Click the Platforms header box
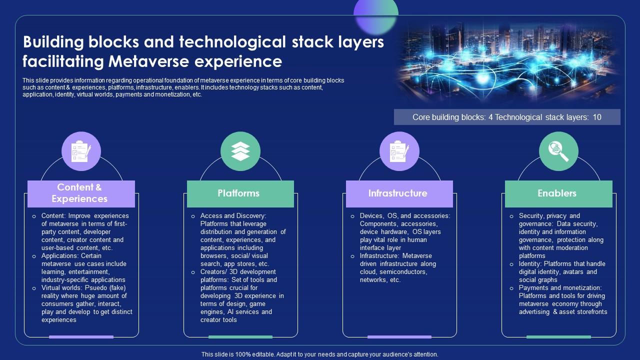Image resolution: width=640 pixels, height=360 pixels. point(240,193)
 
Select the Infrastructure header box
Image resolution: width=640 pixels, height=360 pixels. point(399,193)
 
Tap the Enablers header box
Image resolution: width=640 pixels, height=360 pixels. point(558,193)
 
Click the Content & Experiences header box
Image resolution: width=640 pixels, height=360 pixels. point(81,193)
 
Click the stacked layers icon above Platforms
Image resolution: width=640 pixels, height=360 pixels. point(240,151)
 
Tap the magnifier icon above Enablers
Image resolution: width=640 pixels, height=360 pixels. point(558,151)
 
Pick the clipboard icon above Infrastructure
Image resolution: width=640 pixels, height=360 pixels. point(399,151)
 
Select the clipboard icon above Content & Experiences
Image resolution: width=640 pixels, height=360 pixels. point(81,151)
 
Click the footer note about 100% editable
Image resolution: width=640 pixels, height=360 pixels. point(320,354)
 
